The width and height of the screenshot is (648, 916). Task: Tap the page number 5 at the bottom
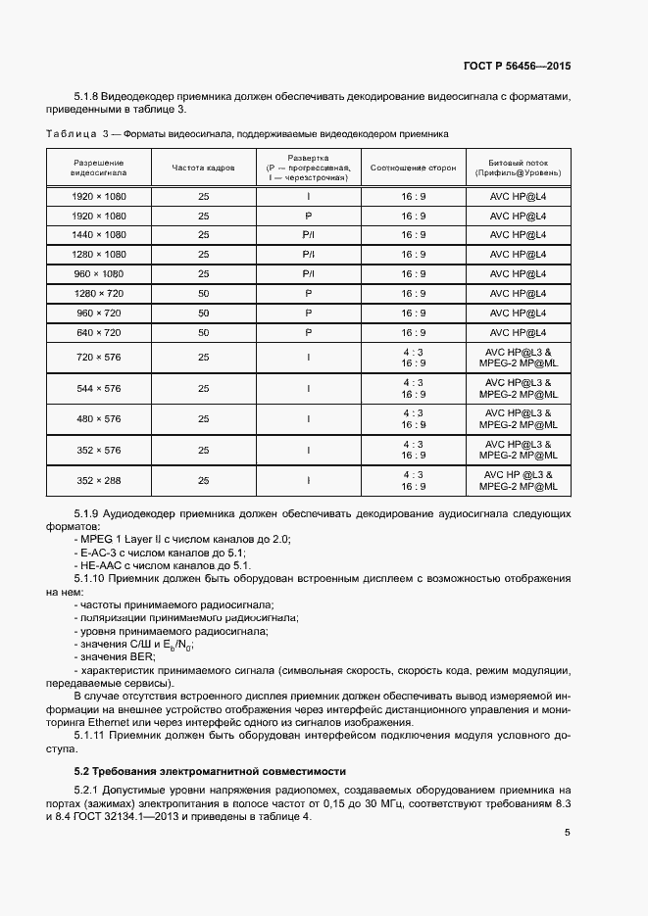[x=567, y=833]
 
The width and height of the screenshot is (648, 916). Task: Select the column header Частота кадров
[x=203, y=168]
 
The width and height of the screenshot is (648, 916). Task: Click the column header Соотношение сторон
[x=413, y=168]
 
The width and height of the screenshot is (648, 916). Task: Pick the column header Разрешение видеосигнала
[x=99, y=168]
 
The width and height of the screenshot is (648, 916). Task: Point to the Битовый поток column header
[x=518, y=168]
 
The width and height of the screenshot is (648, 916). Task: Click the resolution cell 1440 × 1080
[x=99, y=235]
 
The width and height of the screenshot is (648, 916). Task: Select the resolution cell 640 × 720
[x=99, y=333]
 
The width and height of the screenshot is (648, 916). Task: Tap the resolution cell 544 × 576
[x=99, y=389]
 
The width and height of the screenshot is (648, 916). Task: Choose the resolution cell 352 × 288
[x=99, y=480]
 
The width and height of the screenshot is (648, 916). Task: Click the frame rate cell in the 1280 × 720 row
[x=204, y=294]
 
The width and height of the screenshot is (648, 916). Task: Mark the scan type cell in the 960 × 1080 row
[x=308, y=274]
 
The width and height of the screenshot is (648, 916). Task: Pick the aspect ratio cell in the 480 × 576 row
[x=414, y=419]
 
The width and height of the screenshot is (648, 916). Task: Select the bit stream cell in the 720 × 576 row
[x=518, y=358]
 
